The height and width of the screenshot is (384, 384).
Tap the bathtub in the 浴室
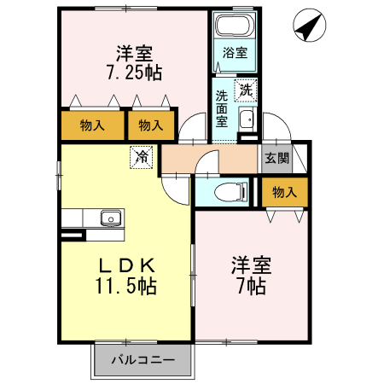235,26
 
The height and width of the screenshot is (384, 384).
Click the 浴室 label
235,53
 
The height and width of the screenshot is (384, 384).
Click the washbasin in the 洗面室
247,119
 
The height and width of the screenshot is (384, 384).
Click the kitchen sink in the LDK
110,219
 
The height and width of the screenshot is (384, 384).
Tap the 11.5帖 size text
126,286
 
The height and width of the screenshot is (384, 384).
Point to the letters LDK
126,263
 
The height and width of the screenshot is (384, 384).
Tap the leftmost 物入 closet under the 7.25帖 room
91,125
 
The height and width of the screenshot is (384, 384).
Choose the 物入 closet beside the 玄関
284,192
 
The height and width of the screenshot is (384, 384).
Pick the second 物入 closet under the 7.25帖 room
150,125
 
